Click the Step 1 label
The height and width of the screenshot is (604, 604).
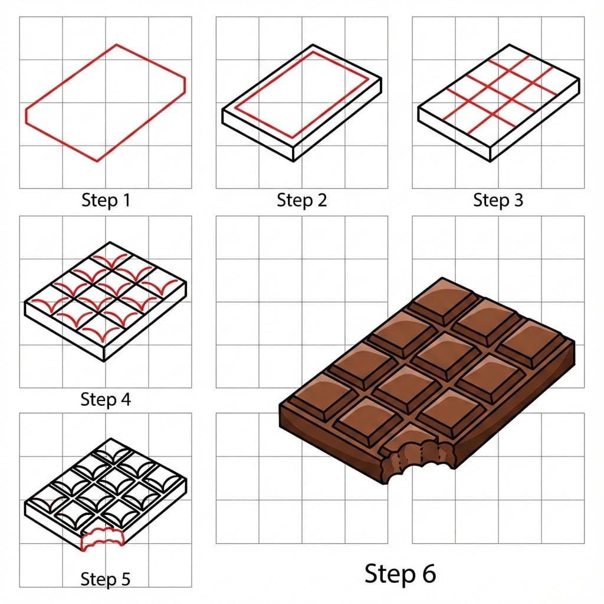coord(105,201)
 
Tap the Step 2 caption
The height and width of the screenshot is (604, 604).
coord(301,201)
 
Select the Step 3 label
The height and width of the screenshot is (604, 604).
coord(498,201)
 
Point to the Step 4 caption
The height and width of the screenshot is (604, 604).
coord(105,399)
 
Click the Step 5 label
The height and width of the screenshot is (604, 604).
coord(105,579)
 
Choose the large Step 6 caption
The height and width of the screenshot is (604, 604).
coord(400,573)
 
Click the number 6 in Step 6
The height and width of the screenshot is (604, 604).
coord(426,573)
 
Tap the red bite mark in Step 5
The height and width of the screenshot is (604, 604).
coord(102,540)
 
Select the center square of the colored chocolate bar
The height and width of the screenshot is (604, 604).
coord(436,356)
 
